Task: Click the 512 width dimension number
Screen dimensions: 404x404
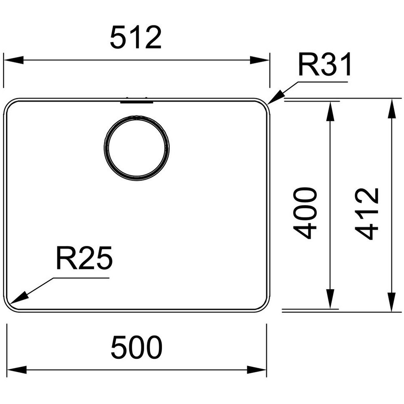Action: pos(136,37)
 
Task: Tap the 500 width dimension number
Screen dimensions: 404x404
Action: pos(137,347)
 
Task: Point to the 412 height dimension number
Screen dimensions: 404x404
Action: pos(367,214)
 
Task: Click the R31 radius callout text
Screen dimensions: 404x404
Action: pos(325,65)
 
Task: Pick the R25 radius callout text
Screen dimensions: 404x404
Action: pos(84,258)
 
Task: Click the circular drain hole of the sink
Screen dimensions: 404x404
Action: pos(137,148)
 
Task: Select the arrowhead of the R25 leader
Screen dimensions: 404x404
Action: pos(19,298)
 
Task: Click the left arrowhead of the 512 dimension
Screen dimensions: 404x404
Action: pos(14,61)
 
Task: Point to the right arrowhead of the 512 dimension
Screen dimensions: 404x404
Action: pos(260,61)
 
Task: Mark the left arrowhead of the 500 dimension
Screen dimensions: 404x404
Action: pos(17,370)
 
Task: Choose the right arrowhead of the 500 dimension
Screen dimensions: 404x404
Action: pos(257,370)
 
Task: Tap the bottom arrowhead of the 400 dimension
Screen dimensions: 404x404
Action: pos(330,299)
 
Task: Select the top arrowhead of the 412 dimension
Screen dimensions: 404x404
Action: pos(392,108)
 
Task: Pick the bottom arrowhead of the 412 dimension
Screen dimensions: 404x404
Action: pos(392,302)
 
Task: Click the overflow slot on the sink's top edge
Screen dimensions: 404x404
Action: pos(137,101)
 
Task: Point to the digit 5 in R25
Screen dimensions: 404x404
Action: pos(103,258)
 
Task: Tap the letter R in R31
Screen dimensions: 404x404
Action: pos(307,64)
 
